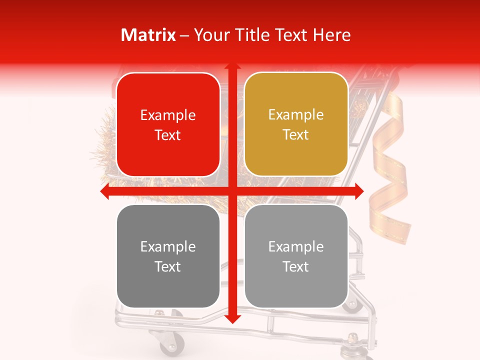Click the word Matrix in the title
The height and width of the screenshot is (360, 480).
[x=148, y=35]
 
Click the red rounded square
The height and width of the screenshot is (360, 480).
[x=168, y=125]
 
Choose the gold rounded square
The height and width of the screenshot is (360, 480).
[x=296, y=124]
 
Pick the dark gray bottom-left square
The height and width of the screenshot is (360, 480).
[x=168, y=256]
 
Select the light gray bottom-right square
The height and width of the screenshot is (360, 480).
[x=296, y=256]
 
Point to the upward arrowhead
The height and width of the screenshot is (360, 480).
[x=232, y=67]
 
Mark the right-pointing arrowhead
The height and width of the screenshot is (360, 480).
[x=359, y=191]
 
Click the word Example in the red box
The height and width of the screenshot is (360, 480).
[x=168, y=115]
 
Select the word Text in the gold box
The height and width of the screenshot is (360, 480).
[x=296, y=134]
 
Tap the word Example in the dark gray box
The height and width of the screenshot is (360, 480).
[x=168, y=246]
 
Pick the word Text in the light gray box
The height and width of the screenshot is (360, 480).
[x=296, y=266]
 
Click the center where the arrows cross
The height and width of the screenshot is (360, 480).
[x=232, y=191]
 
